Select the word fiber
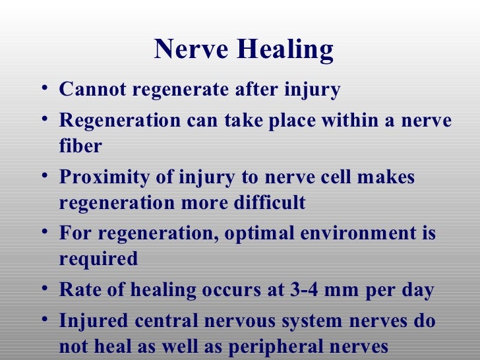click(80, 146)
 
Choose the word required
click(98, 259)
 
